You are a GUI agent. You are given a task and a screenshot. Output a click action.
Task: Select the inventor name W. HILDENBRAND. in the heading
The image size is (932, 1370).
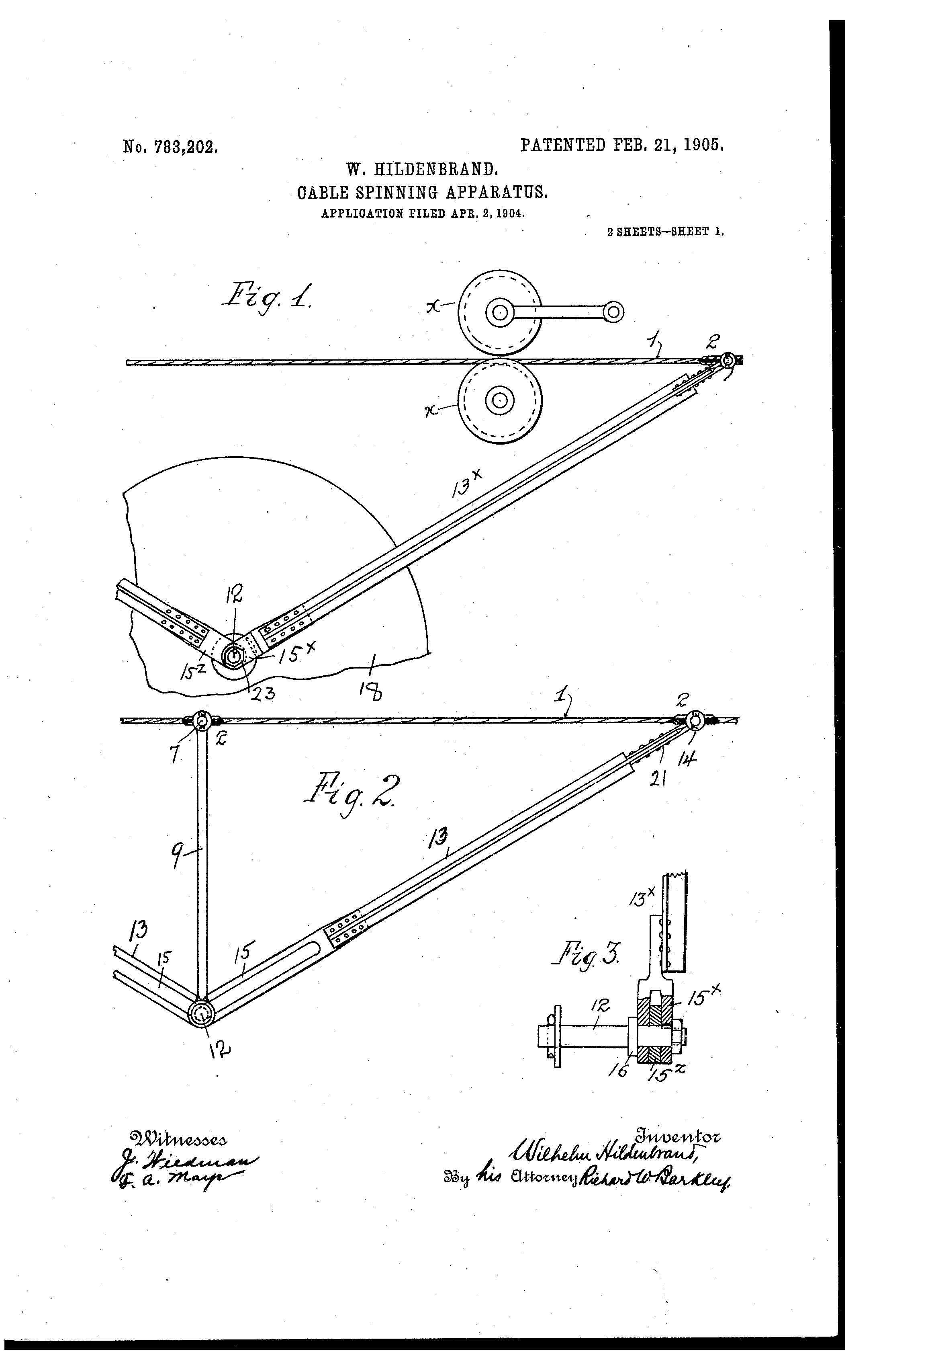[423, 170]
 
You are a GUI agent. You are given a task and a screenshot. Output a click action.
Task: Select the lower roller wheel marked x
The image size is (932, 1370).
[500, 400]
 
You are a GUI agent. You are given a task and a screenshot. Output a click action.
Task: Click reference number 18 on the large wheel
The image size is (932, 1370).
[373, 690]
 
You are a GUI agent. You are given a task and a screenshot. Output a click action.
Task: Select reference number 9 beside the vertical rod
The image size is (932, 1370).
[177, 858]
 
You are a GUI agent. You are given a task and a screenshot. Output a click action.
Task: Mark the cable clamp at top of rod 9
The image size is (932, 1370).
[202, 720]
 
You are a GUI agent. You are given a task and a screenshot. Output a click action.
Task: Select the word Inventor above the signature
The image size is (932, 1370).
[677, 1135]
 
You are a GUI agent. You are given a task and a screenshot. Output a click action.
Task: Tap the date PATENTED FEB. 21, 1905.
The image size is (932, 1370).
[621, 145]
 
